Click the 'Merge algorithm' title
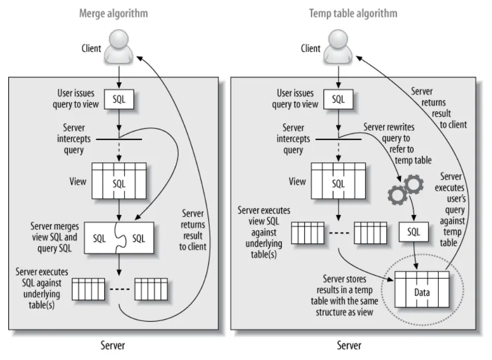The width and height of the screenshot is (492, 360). pos(113,13)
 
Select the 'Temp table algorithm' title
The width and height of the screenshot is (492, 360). pos(353,13)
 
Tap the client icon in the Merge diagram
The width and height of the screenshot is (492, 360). pos(119,47)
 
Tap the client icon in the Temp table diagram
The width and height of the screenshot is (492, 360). pos(338,47)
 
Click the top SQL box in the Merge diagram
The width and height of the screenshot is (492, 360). pos(119,99)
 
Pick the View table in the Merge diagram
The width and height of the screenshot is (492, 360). pos(119,181)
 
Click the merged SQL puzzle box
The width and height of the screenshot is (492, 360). pos(119,238)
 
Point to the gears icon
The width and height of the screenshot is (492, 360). pos(405,189)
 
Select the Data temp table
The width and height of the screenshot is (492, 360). pos(422,289)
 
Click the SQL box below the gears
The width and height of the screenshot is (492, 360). pos(413,232)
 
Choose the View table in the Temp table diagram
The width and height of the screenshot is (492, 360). pos(338,181)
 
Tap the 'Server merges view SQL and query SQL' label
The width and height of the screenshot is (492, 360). pos(55,237)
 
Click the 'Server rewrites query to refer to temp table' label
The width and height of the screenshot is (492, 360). pos(397,144)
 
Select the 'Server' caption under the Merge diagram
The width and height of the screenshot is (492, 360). pos(113,345)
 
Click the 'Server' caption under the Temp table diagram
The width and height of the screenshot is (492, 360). pos(349,345)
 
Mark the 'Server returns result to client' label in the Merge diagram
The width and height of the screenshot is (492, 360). pos(193,230)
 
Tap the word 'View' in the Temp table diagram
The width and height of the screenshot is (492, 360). pos(297,181)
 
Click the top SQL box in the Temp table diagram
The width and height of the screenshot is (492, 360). pos(338,99)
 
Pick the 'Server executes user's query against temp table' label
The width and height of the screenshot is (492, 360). pos(451,209)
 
